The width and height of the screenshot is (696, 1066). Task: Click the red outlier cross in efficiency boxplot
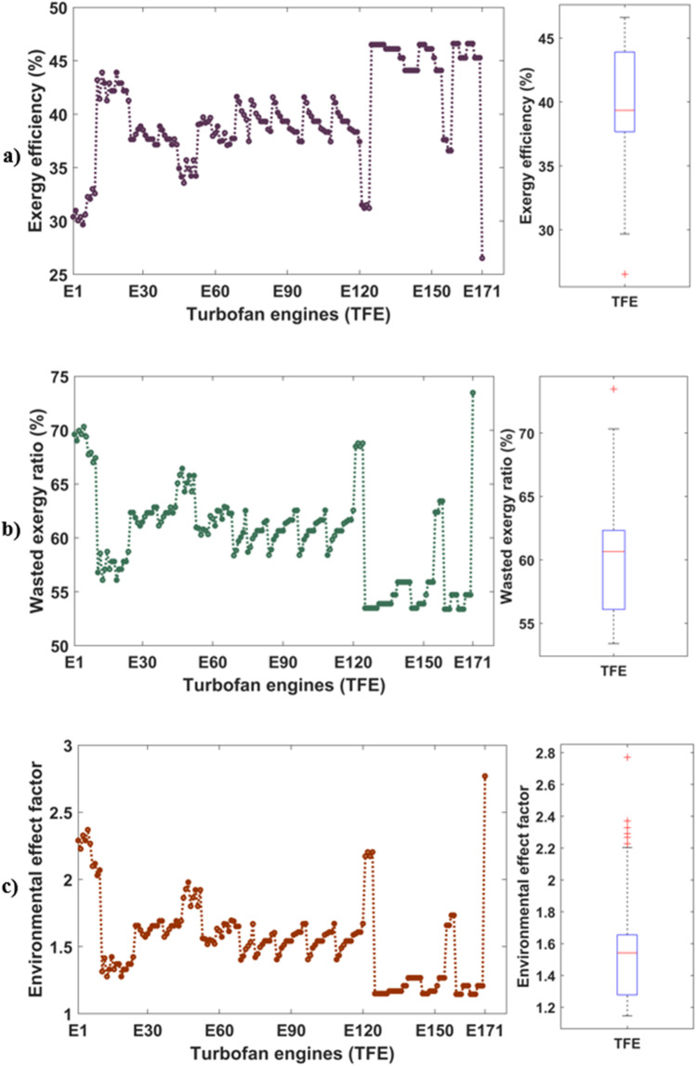pos(624,274)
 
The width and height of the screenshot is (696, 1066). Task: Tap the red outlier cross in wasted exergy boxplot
pos(612,388)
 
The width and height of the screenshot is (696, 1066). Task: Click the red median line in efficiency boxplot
pos(624,111)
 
